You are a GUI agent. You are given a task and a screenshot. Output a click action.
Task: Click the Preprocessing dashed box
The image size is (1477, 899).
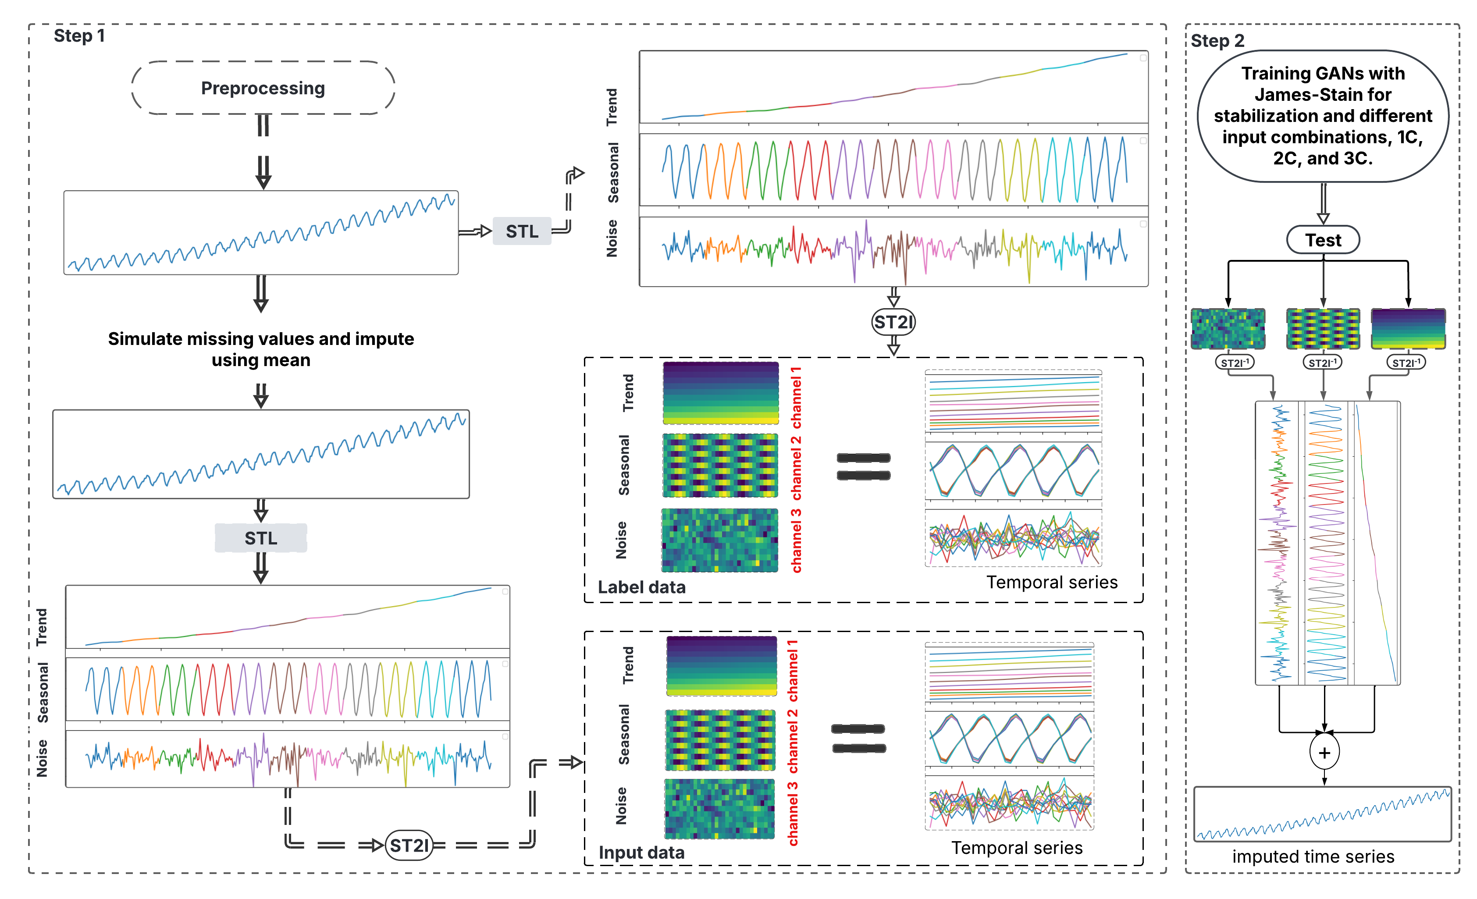pyautogui.click(x=263, y=88)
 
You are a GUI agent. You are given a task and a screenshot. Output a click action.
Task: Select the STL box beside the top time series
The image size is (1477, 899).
pyautogui.click(x=522, y=231)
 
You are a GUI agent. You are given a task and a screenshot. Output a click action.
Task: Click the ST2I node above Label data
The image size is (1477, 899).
pyautogui.click(x=893, y=323)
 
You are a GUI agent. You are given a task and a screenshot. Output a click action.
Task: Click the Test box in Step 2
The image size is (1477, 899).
pyautogui.click(x=1323, y=240)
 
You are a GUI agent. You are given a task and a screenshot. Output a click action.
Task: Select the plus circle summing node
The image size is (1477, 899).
pyautogui.click(x=1324, y=753)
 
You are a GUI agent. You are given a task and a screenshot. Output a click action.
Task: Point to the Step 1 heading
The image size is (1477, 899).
pyautogui.click(x=79, y=36)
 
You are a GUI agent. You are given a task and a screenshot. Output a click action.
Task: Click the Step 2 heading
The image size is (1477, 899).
pyautogui.click(x=1217, y=41)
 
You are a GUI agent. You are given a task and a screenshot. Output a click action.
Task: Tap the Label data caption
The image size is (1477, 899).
pyautogui.click(x=641, y=587)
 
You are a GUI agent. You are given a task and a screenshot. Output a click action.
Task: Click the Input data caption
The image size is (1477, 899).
pyautogui.click(x=641, y=852)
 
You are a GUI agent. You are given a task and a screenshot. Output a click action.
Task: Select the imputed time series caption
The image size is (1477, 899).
pyautogui.click(x=1313, y=856)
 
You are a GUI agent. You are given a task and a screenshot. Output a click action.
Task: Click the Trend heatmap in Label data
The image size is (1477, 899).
pyautogui.click(x=720, y=393)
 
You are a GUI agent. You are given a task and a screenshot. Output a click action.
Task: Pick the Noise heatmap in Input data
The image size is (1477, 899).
pyautogui.click(x=720, y=809)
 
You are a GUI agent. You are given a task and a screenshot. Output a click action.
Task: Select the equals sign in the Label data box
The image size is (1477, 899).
pyautogui.click(x=863, y=467)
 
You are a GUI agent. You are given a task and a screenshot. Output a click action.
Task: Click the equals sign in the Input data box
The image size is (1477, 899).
pyautogui.click(x=858, y=739)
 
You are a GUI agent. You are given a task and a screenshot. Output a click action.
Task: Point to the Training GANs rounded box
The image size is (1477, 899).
pyautogui.click(x=1323, y=116)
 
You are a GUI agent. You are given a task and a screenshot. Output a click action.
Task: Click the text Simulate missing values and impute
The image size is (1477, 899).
pyautogui.click(x=261, y=339)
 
